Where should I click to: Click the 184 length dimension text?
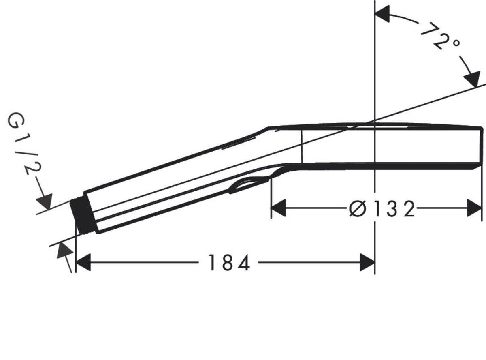(229, 263)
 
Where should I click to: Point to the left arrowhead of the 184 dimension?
(83, 263)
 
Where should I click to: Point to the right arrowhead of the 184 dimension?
(367, 263)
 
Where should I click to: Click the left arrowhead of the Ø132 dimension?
(279, 208)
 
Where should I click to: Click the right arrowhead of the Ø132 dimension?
(474, 208)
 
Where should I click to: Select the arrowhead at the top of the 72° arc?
(383, 14)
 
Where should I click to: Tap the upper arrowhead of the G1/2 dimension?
(45, 201)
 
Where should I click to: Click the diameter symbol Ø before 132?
(357, 209)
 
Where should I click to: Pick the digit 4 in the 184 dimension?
(243, 263)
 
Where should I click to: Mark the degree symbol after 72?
(456, 43)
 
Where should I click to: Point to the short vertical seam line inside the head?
(302, 145)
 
